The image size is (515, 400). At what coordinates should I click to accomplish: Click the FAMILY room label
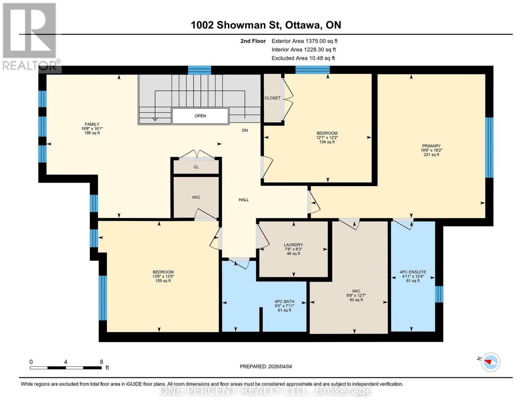(92, 124)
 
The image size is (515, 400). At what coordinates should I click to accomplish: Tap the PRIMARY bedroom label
(431, 146)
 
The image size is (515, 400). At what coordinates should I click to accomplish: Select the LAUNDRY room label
(294, 245)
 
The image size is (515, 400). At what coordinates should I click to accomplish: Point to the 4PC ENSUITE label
(413, 272)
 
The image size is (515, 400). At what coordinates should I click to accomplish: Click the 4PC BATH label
(285, 302)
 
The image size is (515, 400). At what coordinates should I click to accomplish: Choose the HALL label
(244, 200)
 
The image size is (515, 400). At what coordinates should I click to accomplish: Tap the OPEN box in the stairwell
(200, 116)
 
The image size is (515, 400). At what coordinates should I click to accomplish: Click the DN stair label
(245, 130)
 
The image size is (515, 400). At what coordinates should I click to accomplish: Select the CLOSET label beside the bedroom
(272, 98)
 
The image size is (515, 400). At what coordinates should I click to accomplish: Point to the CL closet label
(196, 167)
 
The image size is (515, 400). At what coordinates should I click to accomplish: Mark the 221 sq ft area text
(431, 155)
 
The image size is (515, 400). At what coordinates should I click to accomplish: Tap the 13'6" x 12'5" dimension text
(163, 276)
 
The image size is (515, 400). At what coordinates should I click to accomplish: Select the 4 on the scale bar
(66, 362)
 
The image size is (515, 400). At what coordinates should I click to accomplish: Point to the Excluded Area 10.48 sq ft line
(303, 58)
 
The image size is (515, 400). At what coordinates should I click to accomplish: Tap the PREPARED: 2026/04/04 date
(266, 366)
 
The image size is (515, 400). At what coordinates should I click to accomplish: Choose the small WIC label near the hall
(196, 197)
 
